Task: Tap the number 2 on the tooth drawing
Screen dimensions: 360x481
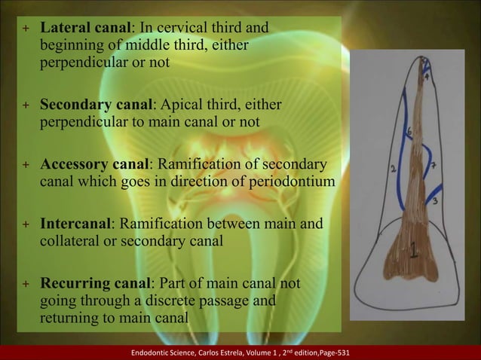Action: coord(393,169)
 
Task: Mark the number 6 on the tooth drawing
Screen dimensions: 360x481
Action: coord(409,133)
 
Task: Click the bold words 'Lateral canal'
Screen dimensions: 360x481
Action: coord(85,29)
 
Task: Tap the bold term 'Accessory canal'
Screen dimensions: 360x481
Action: coord(95,164)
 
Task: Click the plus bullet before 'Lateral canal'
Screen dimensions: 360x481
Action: coord(25,29)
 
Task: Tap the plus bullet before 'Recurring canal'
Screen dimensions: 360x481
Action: coord(25,285)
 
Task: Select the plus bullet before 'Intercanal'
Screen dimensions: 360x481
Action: coord(25,225)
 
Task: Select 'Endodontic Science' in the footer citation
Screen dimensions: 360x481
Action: coord(160,352)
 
